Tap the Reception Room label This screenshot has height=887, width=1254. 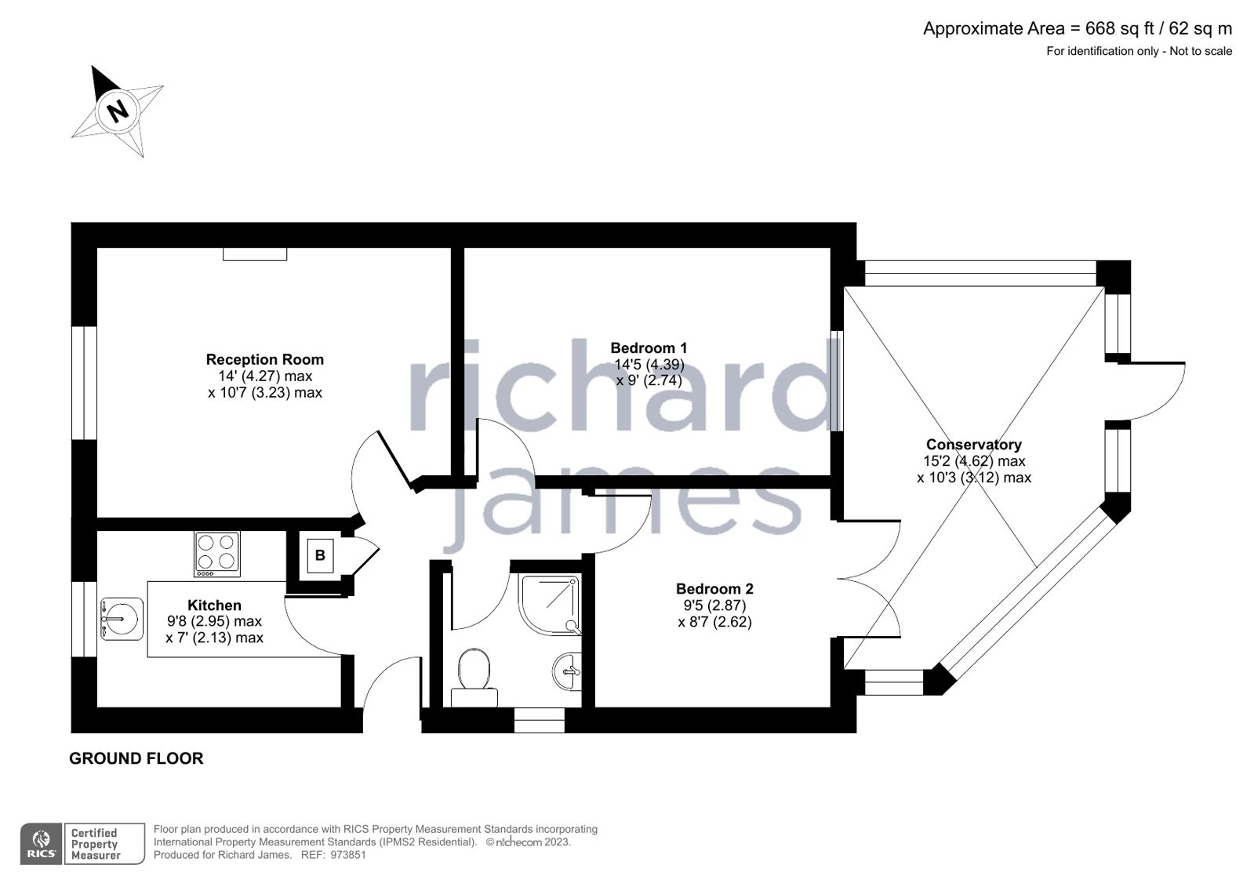coord(264,359)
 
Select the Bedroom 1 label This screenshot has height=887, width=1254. coord(649,347)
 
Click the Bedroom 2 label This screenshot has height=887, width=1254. coord(714,588)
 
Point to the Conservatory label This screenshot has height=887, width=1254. coord(973,445)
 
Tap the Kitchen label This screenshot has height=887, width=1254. coord(214,605)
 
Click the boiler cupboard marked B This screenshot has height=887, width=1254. coord(320,555)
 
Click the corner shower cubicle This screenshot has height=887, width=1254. coord(550,604)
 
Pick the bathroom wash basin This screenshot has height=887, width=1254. coord(569,671)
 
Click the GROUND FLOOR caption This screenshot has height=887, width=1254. coord(136,758)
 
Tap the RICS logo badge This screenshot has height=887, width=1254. coord(42,844)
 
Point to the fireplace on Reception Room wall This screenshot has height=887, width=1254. coord(255,254)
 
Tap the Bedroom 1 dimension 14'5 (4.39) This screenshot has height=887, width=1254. coord(649,364)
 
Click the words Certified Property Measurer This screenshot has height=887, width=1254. coord(95,844)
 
